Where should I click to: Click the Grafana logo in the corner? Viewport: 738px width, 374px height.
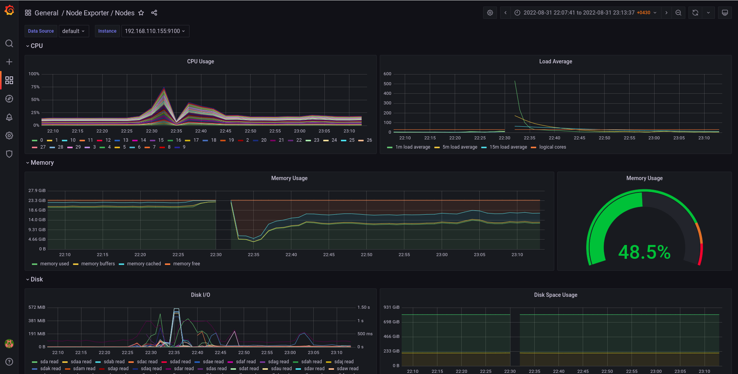click(9, 10)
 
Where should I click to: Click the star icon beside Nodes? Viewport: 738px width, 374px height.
click(141, 13)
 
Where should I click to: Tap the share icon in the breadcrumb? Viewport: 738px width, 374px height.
click(154, 13)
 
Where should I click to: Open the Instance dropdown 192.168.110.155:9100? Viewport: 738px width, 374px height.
click(155, 31)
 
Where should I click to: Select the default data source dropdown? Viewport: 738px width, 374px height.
click(73, 31)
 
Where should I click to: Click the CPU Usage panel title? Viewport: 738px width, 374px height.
click(200, 61)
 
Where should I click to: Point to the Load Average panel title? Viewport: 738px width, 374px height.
click(555, 61)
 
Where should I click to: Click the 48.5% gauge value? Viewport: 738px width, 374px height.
click(644, 252)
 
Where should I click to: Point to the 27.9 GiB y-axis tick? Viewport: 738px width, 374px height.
click(37, 190)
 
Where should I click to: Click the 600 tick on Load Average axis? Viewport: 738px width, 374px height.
click(387, 74)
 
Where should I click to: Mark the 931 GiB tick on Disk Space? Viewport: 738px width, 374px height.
click(391, 307)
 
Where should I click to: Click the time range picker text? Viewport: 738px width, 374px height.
click(578, 13)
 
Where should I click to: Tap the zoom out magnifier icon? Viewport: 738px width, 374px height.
click(678, 13)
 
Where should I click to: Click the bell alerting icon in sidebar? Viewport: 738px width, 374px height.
click(9, 117)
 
